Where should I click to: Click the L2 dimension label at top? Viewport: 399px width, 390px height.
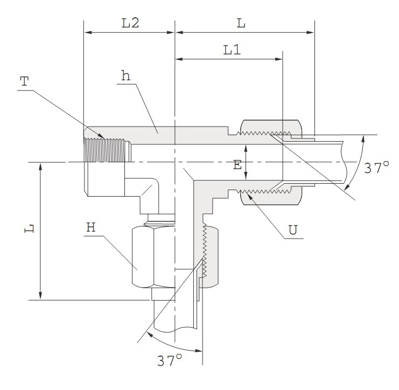click(130, 23)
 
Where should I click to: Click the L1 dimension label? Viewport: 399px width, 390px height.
click(232, 50)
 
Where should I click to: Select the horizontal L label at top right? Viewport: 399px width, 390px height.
click(241, 23)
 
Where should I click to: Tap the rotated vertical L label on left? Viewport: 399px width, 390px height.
click(30, 228)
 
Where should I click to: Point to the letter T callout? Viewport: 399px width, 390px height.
click(25, 82)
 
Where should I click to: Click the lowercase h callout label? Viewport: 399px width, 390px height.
click(125, 76)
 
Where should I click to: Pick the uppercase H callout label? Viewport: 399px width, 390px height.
click(91, 227)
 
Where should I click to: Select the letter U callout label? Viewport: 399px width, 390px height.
click(293, 230)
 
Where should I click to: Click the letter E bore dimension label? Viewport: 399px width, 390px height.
click(237, 165)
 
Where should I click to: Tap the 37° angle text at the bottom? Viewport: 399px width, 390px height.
click(170, 360)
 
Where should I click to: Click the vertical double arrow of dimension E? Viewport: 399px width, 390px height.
click(246, 162)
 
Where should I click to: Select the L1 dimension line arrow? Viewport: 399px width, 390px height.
click(229, 59)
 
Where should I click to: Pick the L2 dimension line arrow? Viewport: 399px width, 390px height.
click(129, 32)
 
